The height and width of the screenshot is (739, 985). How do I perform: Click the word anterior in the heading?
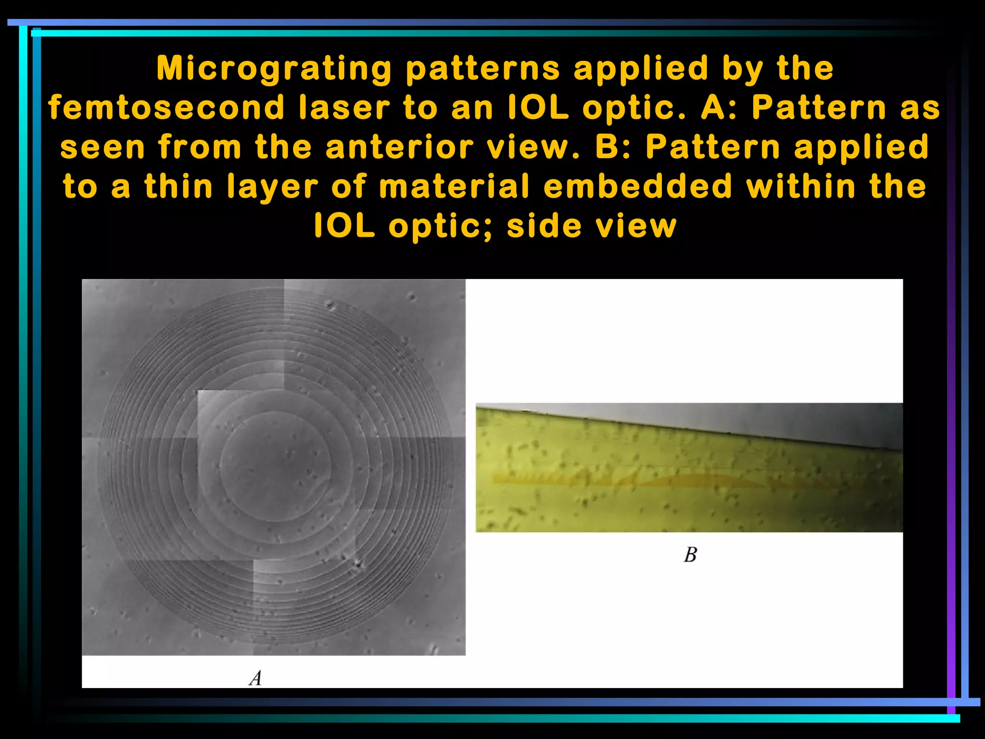click(x=400, y=147)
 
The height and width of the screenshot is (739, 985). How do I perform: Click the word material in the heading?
click(x=454, y=187)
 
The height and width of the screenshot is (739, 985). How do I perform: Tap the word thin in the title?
click(x=178, y=187)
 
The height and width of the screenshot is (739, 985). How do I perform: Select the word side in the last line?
click(x=544, y=226)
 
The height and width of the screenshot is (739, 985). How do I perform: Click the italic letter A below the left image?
click(x=255, y=678)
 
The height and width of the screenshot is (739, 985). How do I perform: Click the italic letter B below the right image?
click(x=690, y=555)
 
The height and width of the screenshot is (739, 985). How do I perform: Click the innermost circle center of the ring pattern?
click(x=276, y=466)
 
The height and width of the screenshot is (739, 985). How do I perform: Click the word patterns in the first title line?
click(x=483, y=68)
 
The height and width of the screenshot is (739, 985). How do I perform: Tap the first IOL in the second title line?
click(x=539, y=108)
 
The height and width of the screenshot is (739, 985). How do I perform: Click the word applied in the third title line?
click(x=861, y=147)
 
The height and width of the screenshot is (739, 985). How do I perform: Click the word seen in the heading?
click(x=102, y=147)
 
